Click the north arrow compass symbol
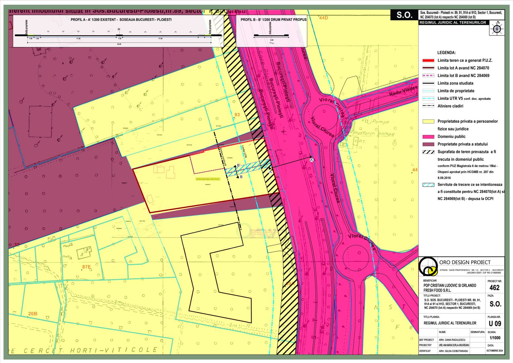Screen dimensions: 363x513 [x=497, y=28]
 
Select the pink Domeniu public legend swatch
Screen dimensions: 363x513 [x=428, y=137]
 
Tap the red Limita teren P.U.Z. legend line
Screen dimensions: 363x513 [x=428, y=61]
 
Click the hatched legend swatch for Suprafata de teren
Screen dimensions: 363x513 [x=428, y=152]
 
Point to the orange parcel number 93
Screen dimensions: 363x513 [x=237, y=115]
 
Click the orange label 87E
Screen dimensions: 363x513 [x=86, y=267]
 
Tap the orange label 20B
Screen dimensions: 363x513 [x=33, y=314]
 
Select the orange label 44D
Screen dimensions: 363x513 [x=323, y=18]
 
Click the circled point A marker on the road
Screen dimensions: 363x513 [x=311, y=160]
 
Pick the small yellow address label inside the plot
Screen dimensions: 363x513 [x=208, y=179]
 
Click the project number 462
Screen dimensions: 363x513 [x=495, y=288]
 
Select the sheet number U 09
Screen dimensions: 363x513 [x=495, y=323]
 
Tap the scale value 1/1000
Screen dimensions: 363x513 [x=495, y=338]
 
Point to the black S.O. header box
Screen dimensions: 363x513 [x=404, y=15]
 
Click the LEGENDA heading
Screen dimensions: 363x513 [x=446, y=53]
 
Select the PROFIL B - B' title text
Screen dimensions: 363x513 [x=273, y=20]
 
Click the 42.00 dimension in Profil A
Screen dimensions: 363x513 [x=119, y=44]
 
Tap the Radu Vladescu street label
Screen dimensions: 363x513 [x=403, y=91]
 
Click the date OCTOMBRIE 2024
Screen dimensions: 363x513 [x=495, y=351]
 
